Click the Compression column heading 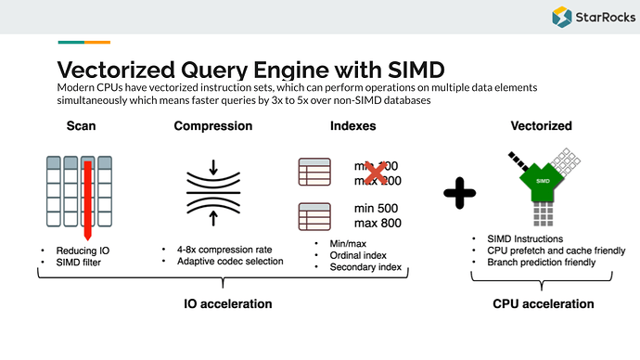point(213,125)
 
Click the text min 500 point(378,207)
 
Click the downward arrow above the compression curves point(213,168)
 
